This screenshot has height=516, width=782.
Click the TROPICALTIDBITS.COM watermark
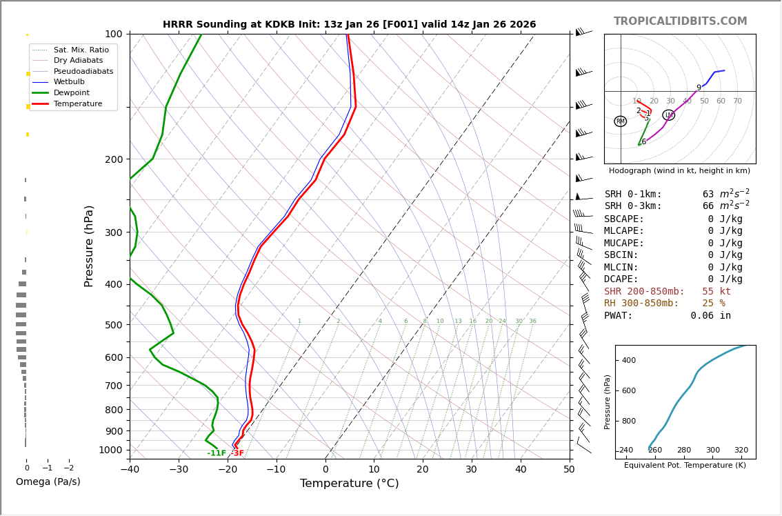(680, 21)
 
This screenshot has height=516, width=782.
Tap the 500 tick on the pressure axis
(113, 325)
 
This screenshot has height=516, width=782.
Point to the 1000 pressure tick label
(110, 450)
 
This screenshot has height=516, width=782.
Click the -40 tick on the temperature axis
(130, 470)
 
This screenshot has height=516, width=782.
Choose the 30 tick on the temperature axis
(472, 470)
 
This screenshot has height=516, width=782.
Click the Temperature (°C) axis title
(349, 484)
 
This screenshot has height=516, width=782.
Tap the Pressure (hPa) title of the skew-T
(90, 246)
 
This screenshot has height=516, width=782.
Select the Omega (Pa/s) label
(48, 482)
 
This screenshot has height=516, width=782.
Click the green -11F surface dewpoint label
(217, 453)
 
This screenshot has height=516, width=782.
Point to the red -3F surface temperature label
(237, 453)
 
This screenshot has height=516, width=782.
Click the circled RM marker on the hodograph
(620, 121)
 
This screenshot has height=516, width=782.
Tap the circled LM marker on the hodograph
(668, 115)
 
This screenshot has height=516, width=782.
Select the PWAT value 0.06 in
(710, 316)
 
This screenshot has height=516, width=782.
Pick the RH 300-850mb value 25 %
(713, 304)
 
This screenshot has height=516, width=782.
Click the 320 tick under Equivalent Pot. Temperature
(741, 450)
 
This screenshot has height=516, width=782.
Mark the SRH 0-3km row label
(633, 206)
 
